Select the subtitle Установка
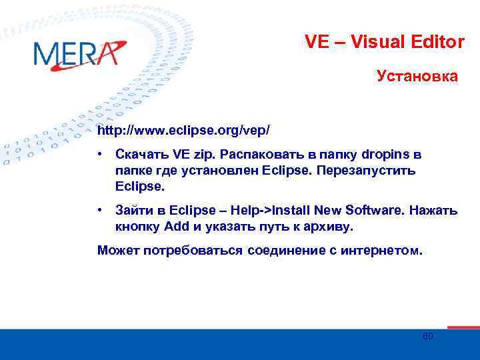pyautogui.click(x=417, y=77)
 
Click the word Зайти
pyautogui.click(x=133, y=211)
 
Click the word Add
pyautogui.click(x=177, y=226)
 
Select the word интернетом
pyautogui.click(x=382, y=251)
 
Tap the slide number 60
pyautogui.click(x=428, y=337)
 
